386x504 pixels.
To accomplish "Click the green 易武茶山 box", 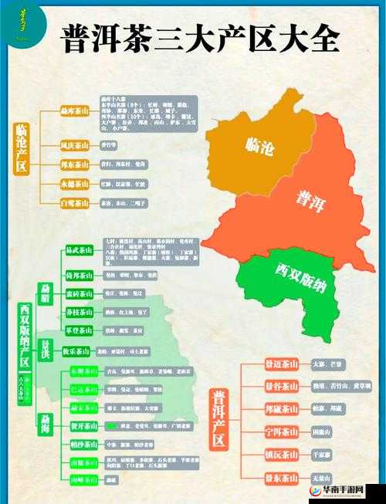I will click(80, 251).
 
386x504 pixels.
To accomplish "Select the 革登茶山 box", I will click(80, 330).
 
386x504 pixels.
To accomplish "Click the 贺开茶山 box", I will click(83, 425).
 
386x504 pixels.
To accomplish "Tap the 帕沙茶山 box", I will click(83, 444).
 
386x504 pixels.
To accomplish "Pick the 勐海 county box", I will click(44, 424).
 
